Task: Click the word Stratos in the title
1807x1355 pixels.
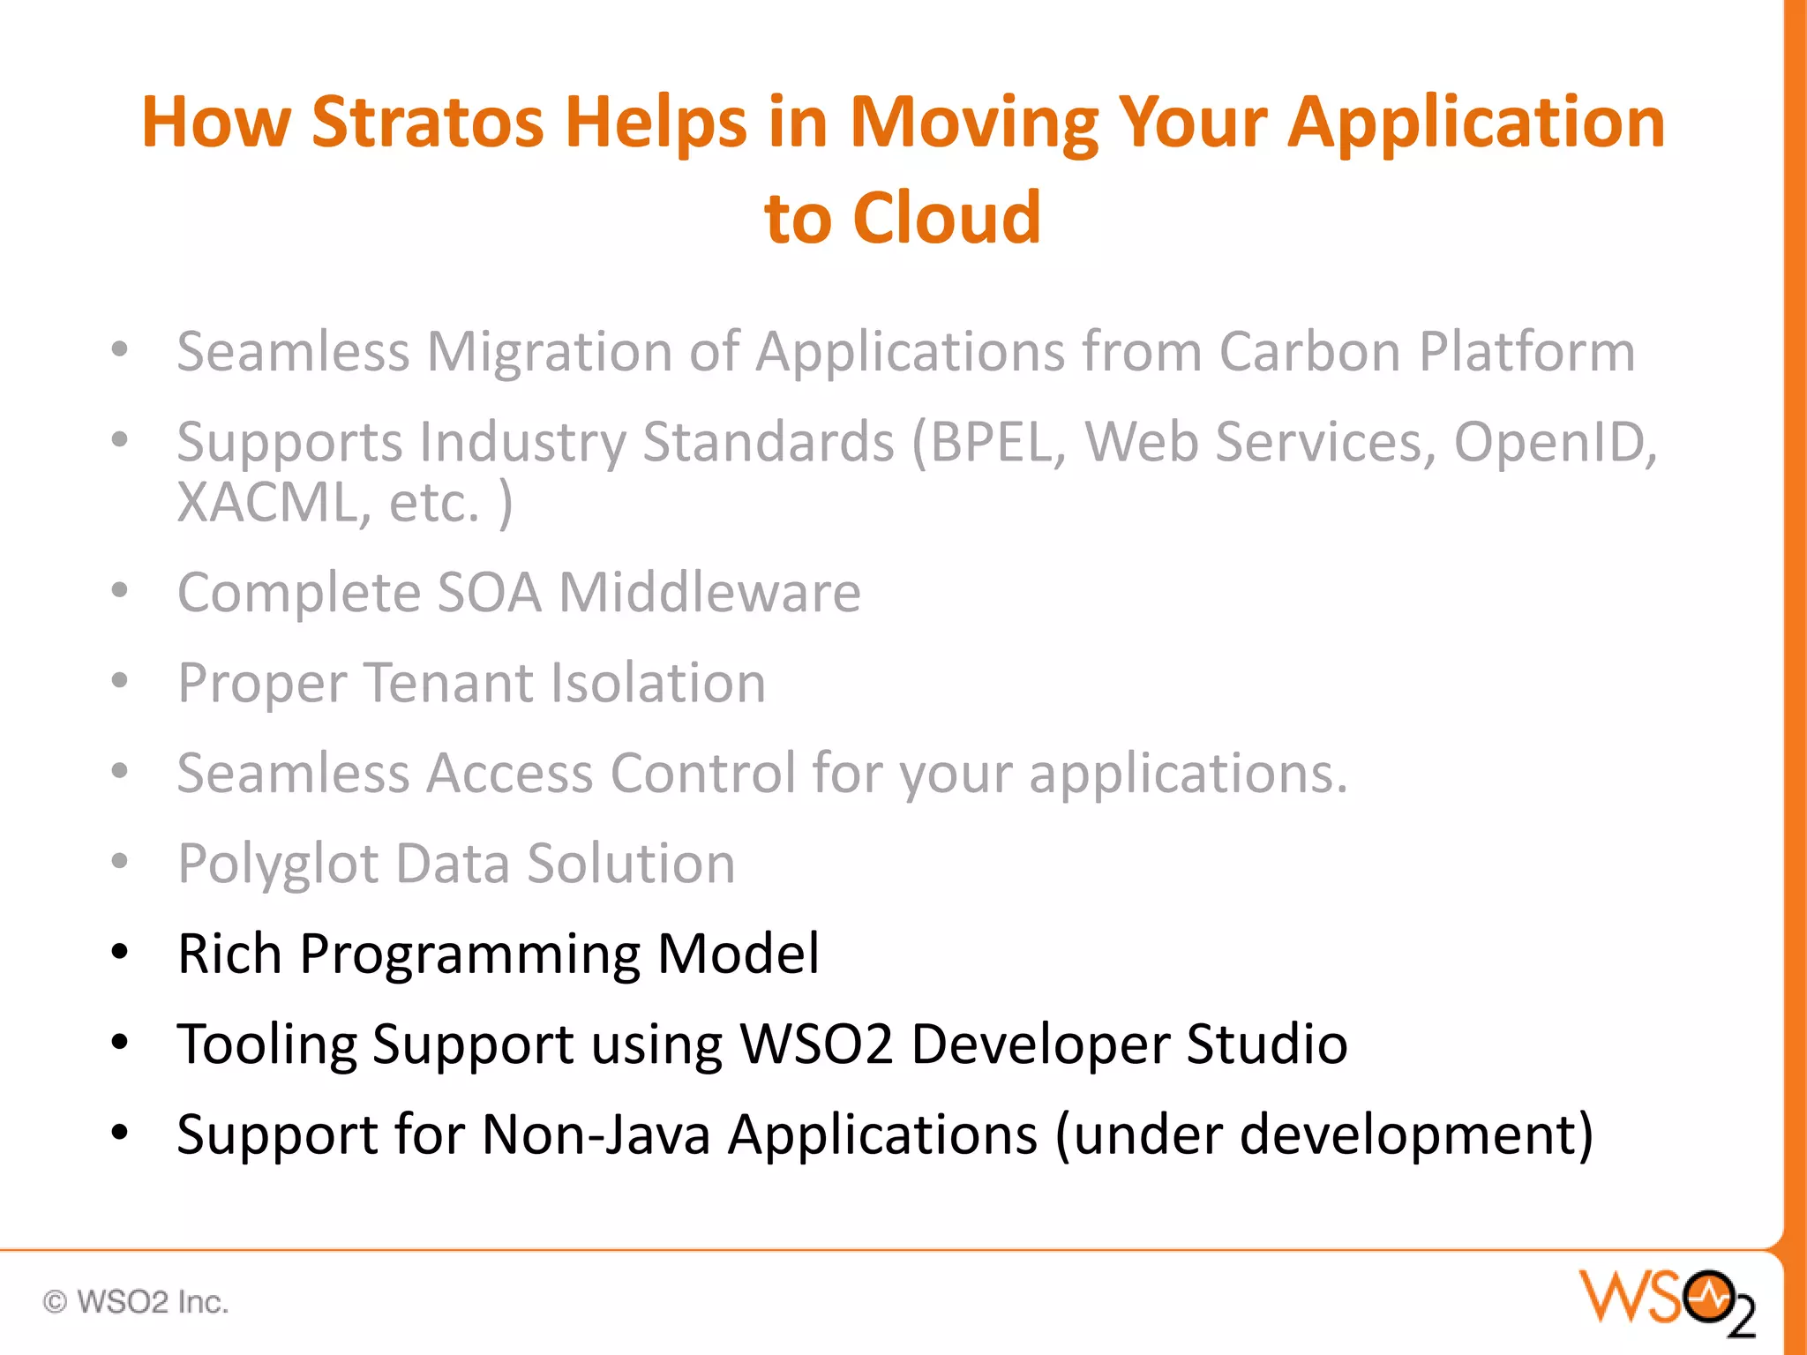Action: pyautogui.click(x=427, y=122)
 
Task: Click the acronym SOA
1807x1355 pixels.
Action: pyautogui.click(x=489, y=592)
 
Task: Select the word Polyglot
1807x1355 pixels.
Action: pyautogui.click(x=278, y=864)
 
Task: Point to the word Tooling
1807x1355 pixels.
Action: pyautogui.click(x=266, y=1044)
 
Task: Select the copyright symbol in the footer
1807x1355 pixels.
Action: pyautogui.click(x=55, y=1302)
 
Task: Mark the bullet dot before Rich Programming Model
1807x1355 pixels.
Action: pyautogui.click(x=120, y=953)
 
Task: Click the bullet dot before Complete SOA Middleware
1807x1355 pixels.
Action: pyautogui.click(x=120, y=590)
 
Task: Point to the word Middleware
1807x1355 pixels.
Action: pyautogui.click(x=709, y=592)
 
